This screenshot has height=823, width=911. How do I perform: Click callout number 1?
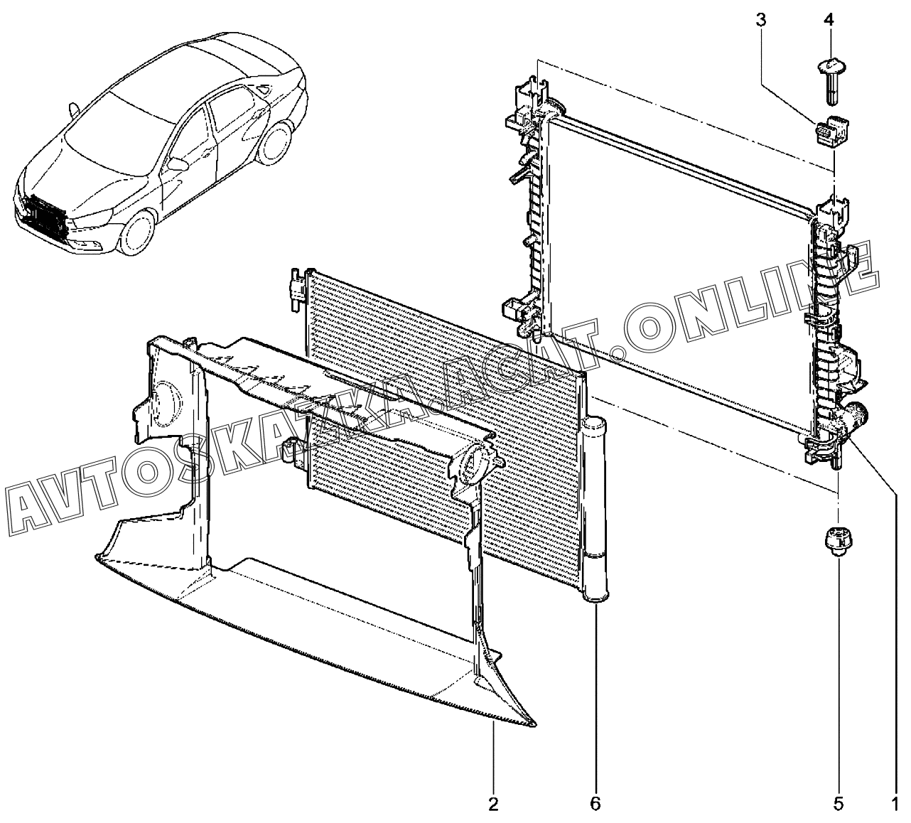click(x=893, y=804)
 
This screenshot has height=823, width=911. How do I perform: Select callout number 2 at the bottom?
click(x=493, y=804)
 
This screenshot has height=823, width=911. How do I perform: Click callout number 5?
click(x=839, y=804)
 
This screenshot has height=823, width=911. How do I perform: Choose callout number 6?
click(x=595, y=804)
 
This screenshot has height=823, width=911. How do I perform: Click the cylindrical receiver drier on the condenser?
click(x=594, y=512)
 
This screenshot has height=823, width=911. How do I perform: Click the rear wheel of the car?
click(x=274, y=146)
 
